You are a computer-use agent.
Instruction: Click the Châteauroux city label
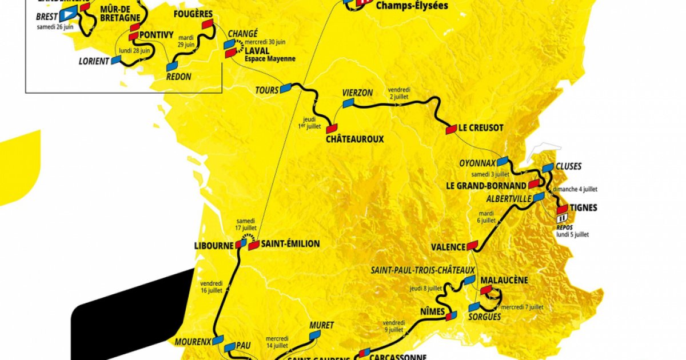point(354,139)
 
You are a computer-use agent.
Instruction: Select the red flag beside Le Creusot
point(451,129)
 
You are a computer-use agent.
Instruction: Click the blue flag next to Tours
point(286,87)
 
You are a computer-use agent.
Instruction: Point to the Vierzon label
point(357,93)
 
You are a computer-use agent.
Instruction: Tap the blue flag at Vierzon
point(348,103)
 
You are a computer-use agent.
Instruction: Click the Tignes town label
point(584,207)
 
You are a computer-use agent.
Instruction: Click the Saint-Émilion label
point(292,244)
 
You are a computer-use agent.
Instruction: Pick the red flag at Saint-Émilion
point(254,245)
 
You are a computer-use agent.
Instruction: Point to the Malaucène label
point(504,281)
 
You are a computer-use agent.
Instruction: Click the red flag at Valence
point(472,246)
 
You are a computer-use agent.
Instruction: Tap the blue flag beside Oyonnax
point(502,162)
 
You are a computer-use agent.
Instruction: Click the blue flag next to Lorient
point(117,60)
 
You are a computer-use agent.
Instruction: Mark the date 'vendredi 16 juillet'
point(212,286)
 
